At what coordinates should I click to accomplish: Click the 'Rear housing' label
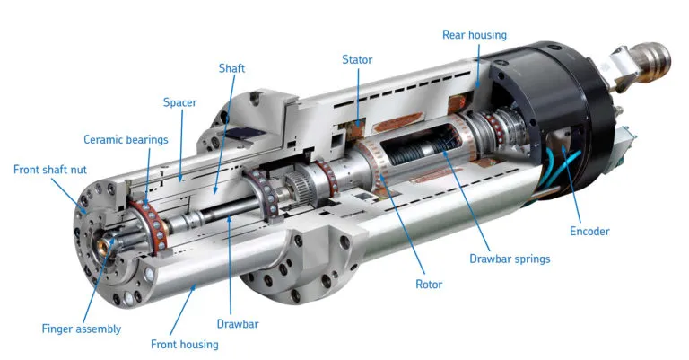tap(474, 35)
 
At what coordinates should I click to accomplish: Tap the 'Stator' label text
tap(356, 60)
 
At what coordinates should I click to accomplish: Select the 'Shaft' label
tap(231, 68)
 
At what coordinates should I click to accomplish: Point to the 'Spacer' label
tap(179, 101)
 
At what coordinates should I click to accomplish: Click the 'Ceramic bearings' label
tap(126, 139)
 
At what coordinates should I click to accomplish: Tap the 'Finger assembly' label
tap(81, 329)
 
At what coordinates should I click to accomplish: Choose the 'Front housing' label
tap(184, 344)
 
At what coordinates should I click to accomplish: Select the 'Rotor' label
tap(428, 285)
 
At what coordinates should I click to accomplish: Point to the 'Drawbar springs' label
tap(510, 259)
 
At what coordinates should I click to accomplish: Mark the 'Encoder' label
tap(589, 231)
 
